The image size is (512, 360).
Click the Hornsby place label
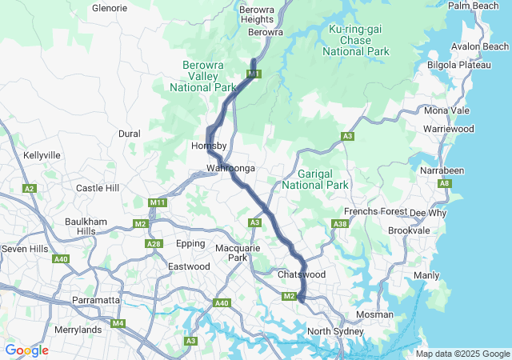click(x=210, y=146)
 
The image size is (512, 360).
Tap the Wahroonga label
click(x=230, y=169)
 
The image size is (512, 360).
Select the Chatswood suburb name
click(x=302, y=274)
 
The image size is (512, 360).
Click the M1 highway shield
click(x=254, y=74)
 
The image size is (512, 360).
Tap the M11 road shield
click(x=158, y=203)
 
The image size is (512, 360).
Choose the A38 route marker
click(x=340, y=224)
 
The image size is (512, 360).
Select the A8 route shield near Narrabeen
click(x=444, y=184)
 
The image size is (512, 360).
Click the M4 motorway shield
click(x=118, y=323)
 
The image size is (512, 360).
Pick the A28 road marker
click(x=154, y=244)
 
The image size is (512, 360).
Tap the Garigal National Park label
click(x=322, y=179)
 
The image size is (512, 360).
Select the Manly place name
click(x=426, y=275)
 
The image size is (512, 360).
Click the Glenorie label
click(x=110, y=8)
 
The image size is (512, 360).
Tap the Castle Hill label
click(x=97, y=188)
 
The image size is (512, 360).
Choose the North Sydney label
click(x=335, y=331)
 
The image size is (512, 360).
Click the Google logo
click(x=26, y=350)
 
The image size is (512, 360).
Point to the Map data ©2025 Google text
click(x=462, y=354)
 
